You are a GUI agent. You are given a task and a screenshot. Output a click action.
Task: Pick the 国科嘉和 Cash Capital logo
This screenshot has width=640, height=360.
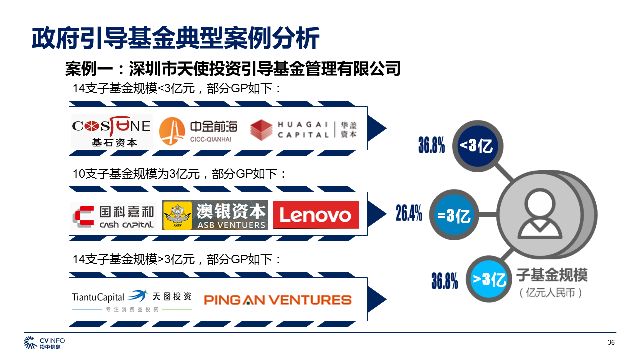114,216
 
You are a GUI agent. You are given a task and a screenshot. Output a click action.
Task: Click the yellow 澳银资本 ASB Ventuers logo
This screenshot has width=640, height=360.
215,215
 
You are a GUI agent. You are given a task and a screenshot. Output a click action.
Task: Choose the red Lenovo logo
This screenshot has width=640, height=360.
316,215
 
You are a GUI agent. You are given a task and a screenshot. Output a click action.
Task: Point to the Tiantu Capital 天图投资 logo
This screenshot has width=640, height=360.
132,300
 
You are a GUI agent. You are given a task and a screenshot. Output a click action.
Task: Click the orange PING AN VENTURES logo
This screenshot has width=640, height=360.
278,300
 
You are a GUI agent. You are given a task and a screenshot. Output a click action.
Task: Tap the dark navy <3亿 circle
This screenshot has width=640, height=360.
476,146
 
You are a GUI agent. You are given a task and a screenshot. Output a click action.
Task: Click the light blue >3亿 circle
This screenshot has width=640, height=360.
490,279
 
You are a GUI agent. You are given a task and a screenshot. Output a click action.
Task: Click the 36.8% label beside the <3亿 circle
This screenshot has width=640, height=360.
431,145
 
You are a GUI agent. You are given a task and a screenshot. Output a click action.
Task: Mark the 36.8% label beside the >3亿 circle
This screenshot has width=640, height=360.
445,281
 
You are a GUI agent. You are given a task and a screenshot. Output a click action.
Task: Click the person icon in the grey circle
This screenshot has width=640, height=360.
540,215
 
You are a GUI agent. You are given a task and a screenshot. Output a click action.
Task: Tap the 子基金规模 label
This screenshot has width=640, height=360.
552,275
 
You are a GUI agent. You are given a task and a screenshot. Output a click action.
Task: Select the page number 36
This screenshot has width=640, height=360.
611,342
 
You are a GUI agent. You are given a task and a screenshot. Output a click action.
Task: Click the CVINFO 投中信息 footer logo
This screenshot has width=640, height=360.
44,343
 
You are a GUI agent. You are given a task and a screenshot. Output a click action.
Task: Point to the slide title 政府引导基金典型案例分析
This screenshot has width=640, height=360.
175,38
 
